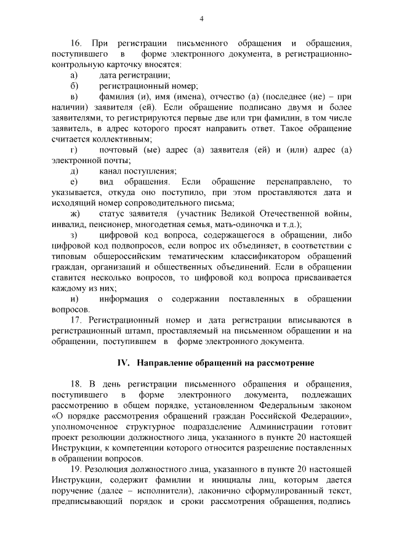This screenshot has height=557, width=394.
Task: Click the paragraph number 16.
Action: [76, 43]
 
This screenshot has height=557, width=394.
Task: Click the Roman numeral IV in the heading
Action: [123, 363]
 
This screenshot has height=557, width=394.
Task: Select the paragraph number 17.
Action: [76, 321]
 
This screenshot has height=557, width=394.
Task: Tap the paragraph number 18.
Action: [76, 384]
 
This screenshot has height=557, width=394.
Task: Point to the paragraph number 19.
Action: [76, 470]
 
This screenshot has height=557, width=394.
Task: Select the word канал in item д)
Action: [110, 171]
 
